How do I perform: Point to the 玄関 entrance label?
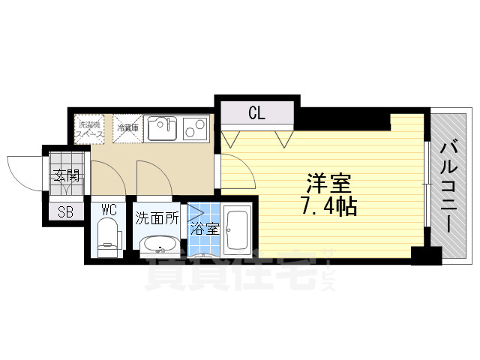66,178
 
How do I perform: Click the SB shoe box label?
65,211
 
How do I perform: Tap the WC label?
109,209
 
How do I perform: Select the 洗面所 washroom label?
157,219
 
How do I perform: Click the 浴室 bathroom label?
204,229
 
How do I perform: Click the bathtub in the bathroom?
237,229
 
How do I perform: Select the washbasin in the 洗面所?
159,245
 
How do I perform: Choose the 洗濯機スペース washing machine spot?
89,128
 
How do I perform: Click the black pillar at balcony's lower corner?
427,254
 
